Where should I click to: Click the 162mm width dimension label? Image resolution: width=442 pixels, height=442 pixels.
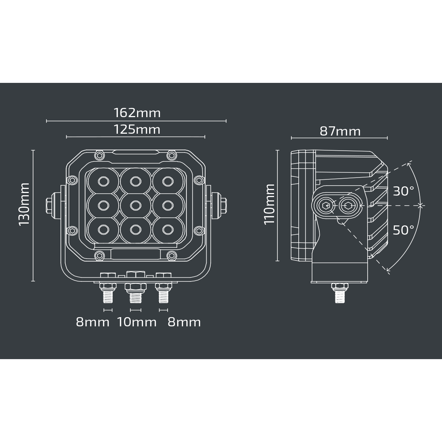137,112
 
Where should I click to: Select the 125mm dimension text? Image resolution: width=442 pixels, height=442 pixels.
137,129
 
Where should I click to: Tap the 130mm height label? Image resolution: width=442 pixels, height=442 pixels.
24,204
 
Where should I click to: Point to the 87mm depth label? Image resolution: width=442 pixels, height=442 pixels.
340,131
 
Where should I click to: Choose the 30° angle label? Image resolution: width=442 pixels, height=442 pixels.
403,191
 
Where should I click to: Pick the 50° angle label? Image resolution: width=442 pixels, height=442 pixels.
403,230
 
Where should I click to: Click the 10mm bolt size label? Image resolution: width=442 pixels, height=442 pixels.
137,322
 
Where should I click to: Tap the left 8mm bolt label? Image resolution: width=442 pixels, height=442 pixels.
92,322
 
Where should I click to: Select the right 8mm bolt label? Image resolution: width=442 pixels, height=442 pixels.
184,322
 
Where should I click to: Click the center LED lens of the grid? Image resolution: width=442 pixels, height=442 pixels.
135,205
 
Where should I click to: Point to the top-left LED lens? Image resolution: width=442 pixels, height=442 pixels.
103,181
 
